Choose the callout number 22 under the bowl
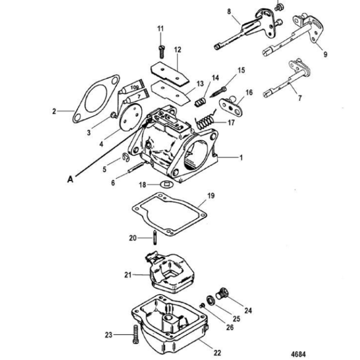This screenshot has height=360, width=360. tap(217, 353)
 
